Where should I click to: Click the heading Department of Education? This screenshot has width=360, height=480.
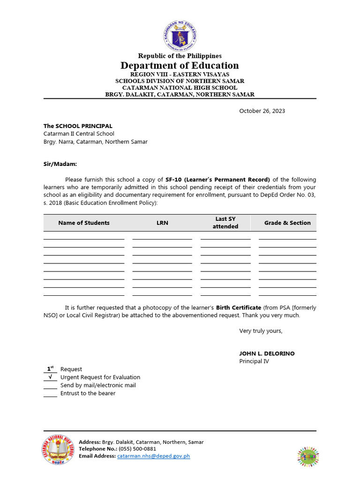coord(180,66)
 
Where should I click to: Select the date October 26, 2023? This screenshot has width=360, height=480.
coord(262,111)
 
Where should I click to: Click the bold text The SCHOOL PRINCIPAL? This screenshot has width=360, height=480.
coord(78,126)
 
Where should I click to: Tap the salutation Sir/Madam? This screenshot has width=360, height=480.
coord(60,165)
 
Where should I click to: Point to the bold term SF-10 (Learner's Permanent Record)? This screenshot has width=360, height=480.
coord(217,180)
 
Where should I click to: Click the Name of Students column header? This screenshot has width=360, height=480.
coord(84,223)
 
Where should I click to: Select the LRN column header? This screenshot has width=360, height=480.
coord(162,223)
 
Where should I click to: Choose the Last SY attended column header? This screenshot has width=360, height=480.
coord(225,223)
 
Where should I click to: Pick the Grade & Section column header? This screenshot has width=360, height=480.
coord(287,223)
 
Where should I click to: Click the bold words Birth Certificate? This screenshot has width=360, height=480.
coord(238,308)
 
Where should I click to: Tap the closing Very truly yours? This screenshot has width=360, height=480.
coord(261,331)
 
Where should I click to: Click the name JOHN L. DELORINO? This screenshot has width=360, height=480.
coord(267,353)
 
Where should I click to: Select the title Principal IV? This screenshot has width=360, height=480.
coord(254,361)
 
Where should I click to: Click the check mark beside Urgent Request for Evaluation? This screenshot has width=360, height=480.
coord(50,377)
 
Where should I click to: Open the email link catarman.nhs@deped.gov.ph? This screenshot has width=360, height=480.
coord(153,456)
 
